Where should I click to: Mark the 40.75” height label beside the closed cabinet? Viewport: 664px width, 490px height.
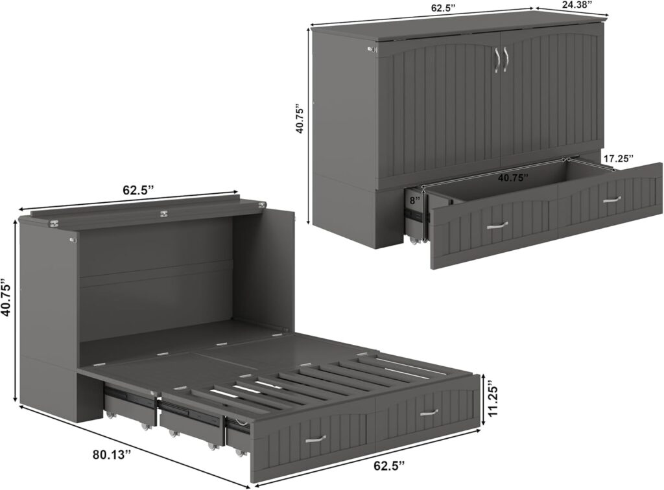[300, 117]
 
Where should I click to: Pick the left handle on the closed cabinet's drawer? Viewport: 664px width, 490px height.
[497, 225]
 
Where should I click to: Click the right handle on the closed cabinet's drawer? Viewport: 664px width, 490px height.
[611, 200]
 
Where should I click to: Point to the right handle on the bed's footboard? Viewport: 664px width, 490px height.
[427, 412]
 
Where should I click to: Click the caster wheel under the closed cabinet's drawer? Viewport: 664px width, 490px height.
[413, 241]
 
